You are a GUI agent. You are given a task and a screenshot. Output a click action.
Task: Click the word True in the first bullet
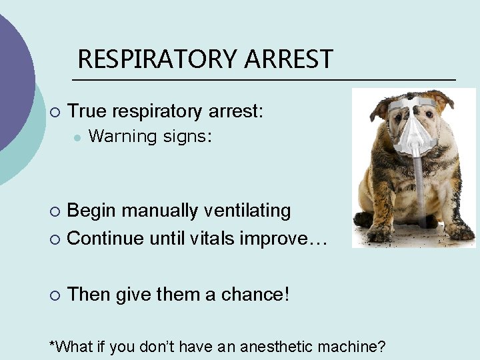pyautogui.click(x=89, y=111)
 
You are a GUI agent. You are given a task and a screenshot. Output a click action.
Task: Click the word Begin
pyautogui.click(x=93, y=211)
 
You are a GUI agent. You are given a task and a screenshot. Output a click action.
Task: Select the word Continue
pyautogui.click(x=105, y=238)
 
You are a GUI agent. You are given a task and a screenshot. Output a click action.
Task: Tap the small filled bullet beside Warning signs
pyautogui.click(x=78, y=137)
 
